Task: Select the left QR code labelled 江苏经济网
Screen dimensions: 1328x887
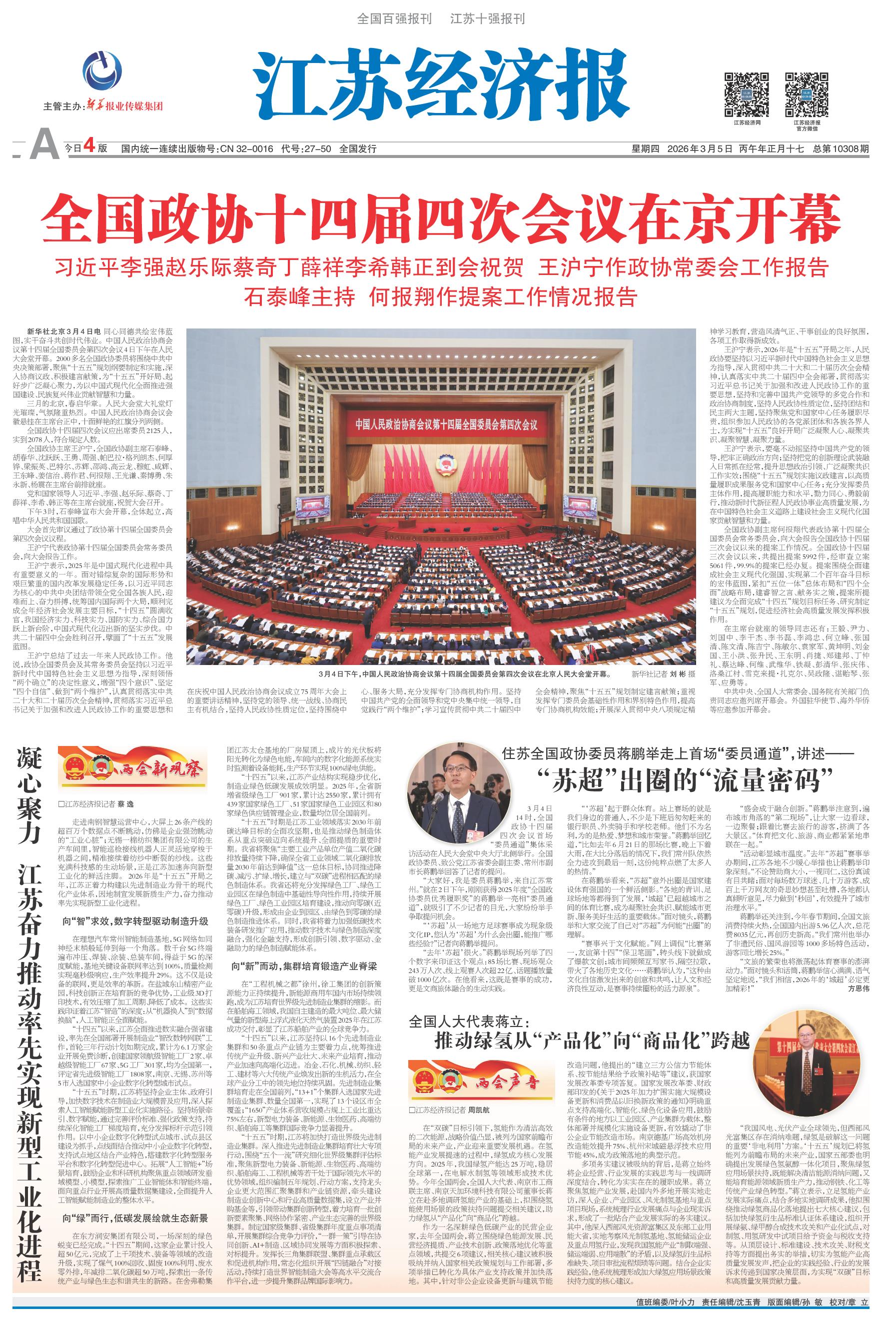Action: pos(747,94)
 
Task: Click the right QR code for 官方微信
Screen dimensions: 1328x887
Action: pos(806,94)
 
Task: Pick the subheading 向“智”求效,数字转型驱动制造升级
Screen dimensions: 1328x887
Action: pos(136,921)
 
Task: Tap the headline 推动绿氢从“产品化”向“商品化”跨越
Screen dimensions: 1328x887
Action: pos(592,1040)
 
